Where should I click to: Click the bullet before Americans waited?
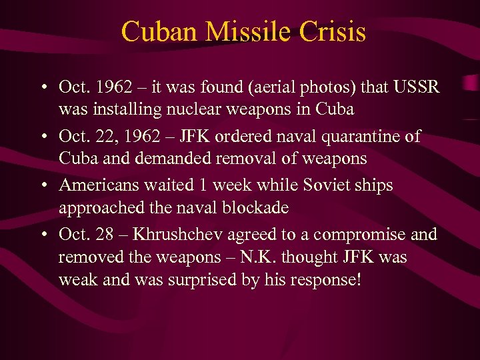point(43,185)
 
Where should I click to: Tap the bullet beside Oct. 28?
point(43,235)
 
